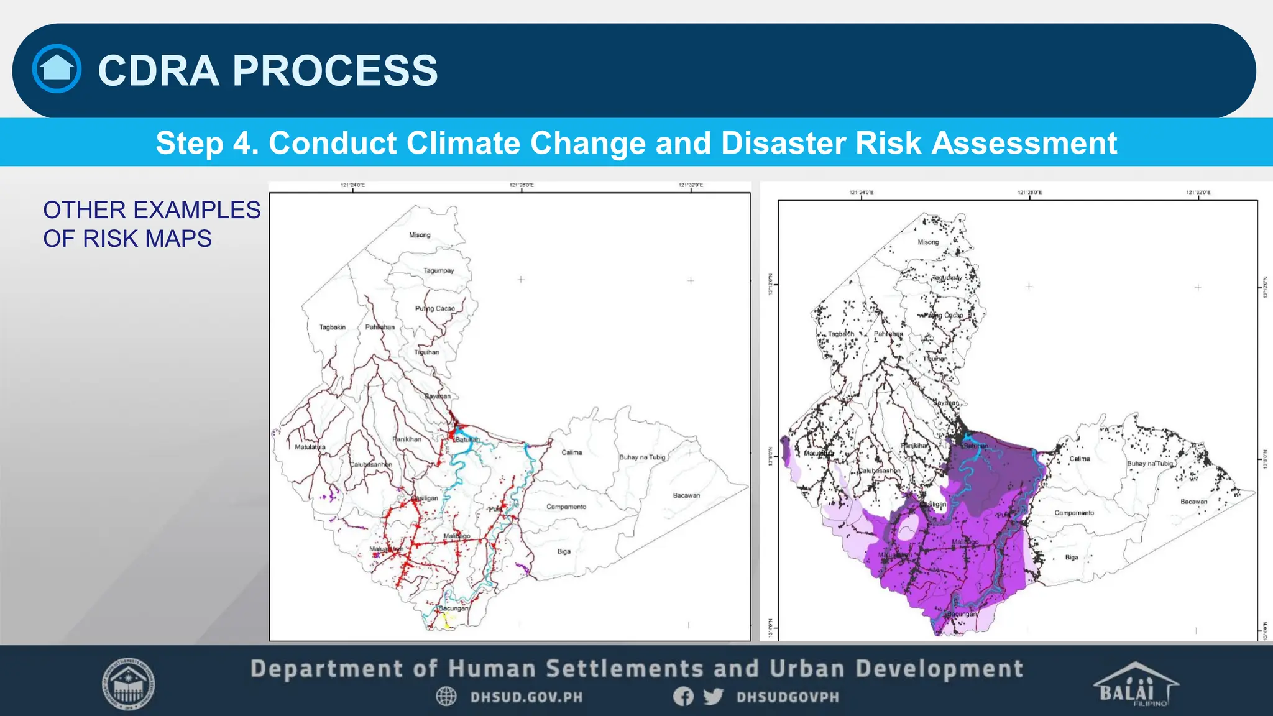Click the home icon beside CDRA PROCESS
point(57,69)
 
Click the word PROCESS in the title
point(335,70)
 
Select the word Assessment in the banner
point(1024,143)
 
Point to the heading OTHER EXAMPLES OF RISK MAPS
point(151,224)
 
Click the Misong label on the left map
point(420,235)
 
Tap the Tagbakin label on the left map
point(332,327)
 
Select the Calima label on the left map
point(572,452)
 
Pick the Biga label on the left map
point(564,551)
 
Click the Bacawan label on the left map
point(686,495)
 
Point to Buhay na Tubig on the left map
point(642,457)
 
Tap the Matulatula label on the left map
point(310,447)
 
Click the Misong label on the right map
point(928,242)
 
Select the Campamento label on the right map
point(1074,513)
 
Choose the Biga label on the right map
point(1072,558)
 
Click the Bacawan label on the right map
point(1193,502)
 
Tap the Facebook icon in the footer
point(683,696)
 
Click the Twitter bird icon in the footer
point(713,696)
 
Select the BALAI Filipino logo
point(1135,685)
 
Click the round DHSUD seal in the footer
point(128,684)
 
